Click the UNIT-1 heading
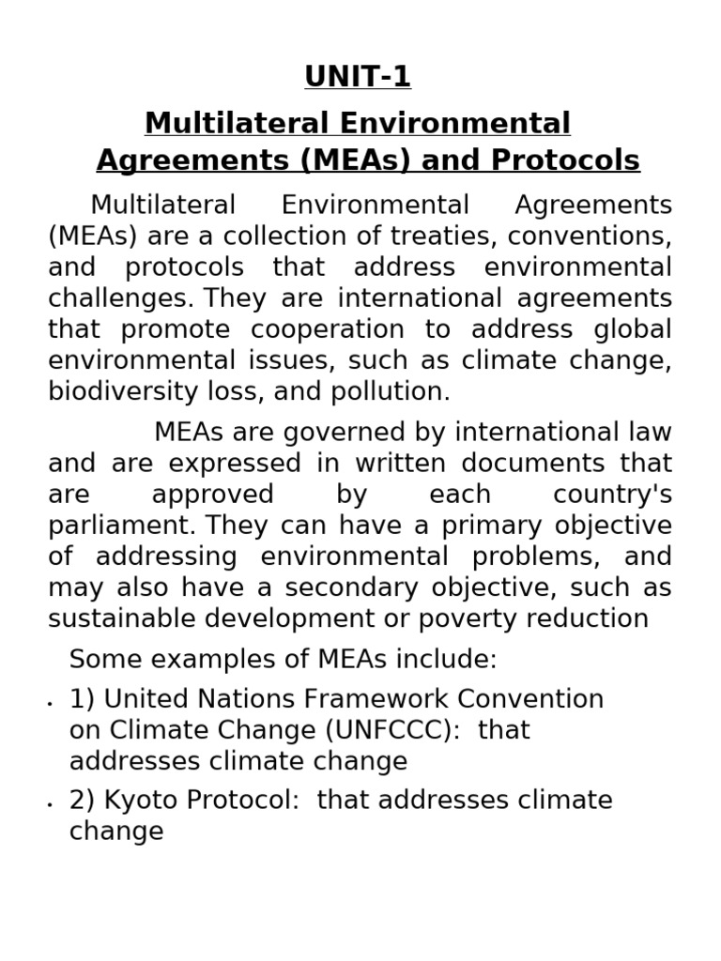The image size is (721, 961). coord(358,77)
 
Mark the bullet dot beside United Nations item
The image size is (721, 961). coord(49,704)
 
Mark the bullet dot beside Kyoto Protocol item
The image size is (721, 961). coord(49,805)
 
